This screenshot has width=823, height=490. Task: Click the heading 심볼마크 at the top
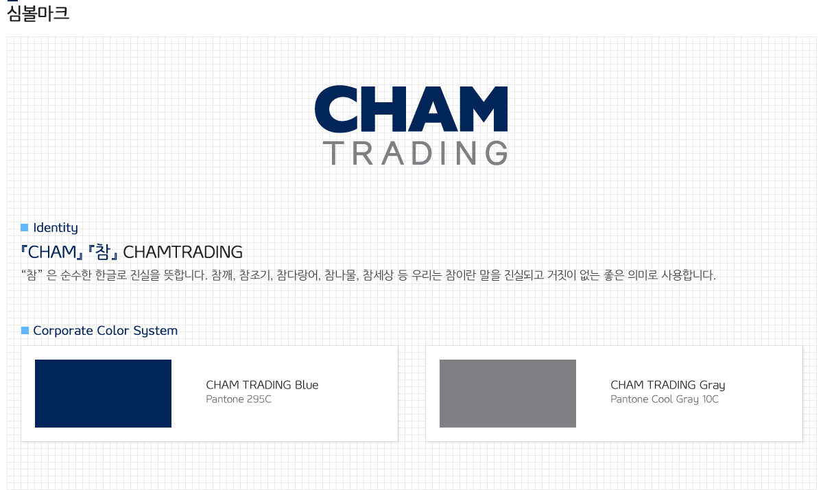click(x=38, y=14)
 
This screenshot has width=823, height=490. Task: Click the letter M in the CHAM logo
click(x=483, y=109)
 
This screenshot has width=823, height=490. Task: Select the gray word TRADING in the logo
click(x=415, y=152)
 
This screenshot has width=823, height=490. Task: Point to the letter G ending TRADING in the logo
click(x=497, y=152)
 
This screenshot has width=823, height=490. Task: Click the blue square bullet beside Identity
click(x=24, y=228)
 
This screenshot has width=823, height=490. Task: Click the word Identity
click(x=56, y=228)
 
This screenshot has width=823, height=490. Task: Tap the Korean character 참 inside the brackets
click(x=102, y=252)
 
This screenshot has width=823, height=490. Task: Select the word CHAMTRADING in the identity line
click(x=182, y=252)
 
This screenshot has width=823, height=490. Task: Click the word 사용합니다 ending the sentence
click(x=688, y=275)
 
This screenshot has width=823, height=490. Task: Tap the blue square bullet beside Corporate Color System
click(x=25, y=331)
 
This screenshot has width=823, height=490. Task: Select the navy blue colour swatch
click(x=103, y=393)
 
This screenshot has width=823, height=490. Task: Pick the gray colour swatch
click(x=508, y=393)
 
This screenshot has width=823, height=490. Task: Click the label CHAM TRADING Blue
click(x=262, y=385)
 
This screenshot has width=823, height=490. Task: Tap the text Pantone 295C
click(x=239, y=399)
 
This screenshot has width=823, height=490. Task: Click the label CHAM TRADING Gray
click(x=668, y=385)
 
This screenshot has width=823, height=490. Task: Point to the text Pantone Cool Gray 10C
click(x=665, y=399)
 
